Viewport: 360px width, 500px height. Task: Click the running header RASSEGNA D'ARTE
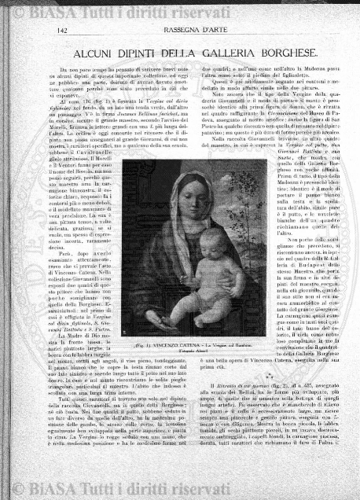click(x=179, y=31)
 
